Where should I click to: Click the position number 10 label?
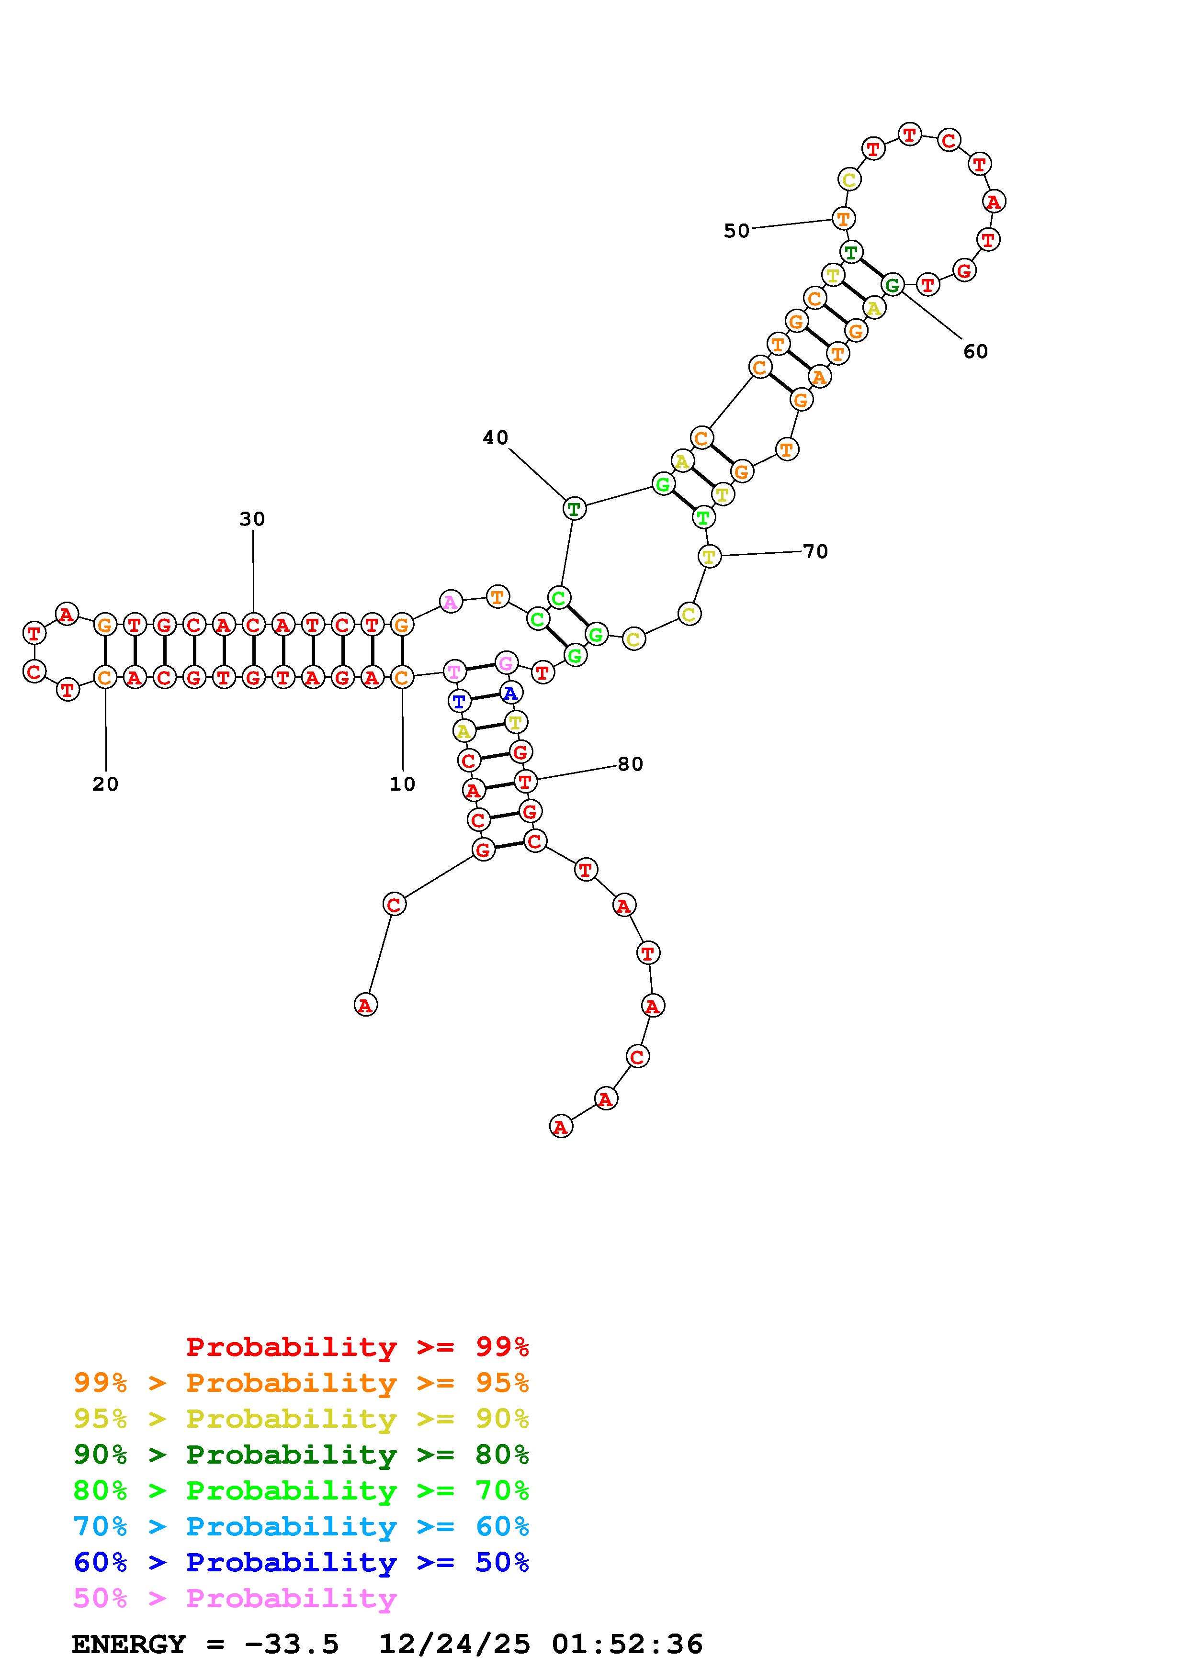(402, 784)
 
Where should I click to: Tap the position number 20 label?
(105, 784)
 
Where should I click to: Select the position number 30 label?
(252, 519)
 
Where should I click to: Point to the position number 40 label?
(495, 438)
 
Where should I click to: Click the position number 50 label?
(736, 231)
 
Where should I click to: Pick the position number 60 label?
(976, 352)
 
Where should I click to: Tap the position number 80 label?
(631, 764)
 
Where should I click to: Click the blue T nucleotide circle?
(459, 701)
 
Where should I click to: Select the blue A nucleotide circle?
(510, 693)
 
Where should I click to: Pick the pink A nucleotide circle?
(451, 603)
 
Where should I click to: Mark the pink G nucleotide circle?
(505, 663)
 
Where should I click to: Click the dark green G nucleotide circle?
(892, 284)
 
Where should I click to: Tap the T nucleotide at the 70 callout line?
(709, 557)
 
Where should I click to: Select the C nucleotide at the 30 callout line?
(253, 625)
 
